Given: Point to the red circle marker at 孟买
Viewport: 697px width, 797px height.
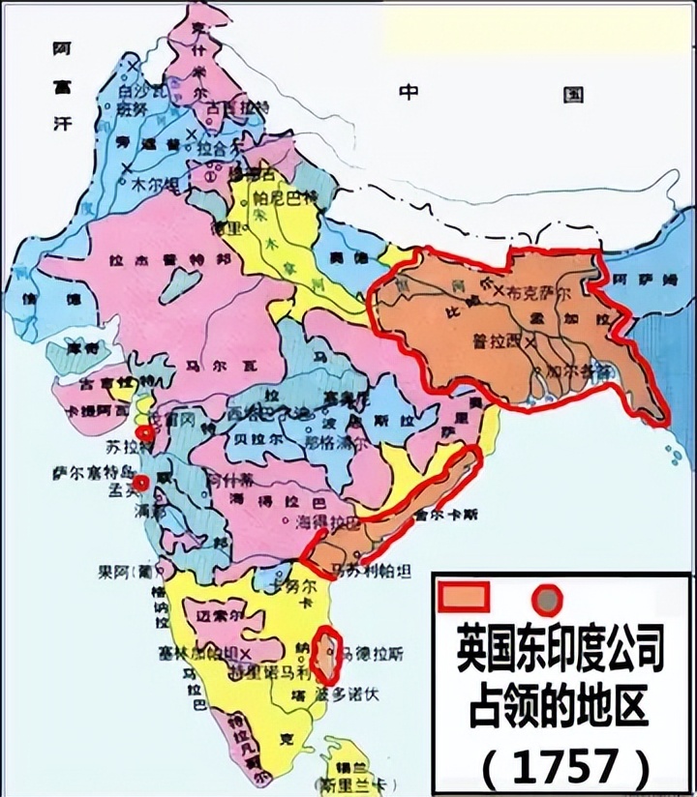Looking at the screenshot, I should [141, 482].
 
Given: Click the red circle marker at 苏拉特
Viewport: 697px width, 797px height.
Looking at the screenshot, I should [145, 432].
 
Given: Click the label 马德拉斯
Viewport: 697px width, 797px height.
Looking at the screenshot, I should [372, 656].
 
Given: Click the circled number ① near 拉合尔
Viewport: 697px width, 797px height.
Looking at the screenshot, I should [212, 178].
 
